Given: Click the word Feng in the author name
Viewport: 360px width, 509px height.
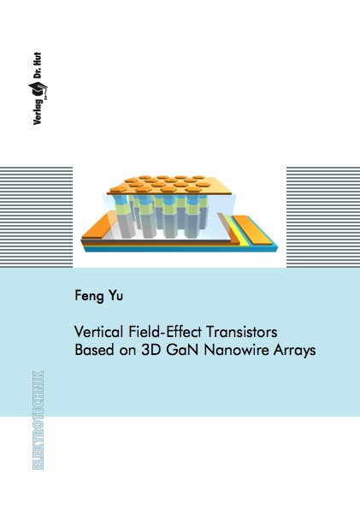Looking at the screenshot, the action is point(91,296).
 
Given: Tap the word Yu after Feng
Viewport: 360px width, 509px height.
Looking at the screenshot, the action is point(116,295).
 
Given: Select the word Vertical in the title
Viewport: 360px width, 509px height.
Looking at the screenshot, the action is point(98,332).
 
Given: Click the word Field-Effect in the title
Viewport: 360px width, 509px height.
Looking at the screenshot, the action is point(165,332).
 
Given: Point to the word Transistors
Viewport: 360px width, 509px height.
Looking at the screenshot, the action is point(242,332).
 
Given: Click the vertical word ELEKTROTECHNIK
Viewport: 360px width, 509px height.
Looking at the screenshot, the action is point(38,420).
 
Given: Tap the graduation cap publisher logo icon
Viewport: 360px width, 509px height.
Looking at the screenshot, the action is point(38,90).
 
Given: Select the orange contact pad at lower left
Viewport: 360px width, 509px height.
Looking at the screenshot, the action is point(97,226).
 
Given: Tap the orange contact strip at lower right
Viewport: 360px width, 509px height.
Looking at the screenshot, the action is point(252,229).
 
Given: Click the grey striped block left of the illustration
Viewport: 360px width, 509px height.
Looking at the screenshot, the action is point(37,216).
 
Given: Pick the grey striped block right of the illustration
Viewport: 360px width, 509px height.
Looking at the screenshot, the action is point(323,216).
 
